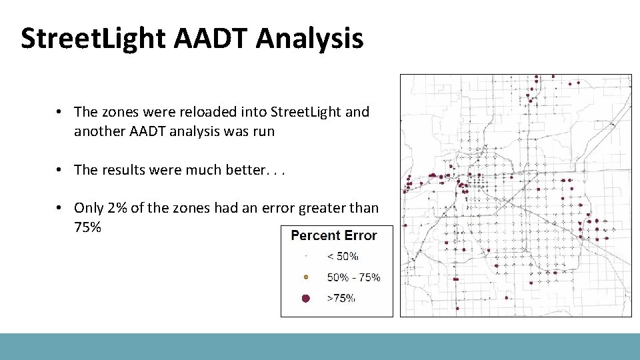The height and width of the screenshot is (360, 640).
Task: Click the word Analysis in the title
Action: pyautogui.click(x=311, y=38)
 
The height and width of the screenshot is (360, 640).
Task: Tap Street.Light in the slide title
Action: pyautogui.click(x=93, y=38)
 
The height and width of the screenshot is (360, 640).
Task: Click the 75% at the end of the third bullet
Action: pyautogui.click(x=87, y=227)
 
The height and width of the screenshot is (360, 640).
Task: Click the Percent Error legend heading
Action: pyautogui.click(x=334, y=235)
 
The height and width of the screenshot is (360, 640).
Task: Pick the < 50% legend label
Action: pyautogui.click(x=342, y=256)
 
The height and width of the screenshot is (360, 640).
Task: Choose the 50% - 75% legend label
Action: pyautogui.click(x=353, y=277)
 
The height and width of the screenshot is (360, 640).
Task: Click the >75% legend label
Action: pyautogui.click(x=341, y=299)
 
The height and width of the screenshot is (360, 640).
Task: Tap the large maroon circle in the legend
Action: pyautogui.click(x=305, y=299)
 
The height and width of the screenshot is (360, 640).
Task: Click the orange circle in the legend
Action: pyautogui.click(x=305, y=277)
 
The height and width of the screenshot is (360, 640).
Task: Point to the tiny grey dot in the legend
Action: pyautogui.click(x=305, y=256)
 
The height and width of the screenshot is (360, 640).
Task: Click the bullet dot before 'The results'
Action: pyautogui.click(x=60, y=170)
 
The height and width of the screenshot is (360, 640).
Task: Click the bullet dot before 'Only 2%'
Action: pyautogui.click(x=60, y=208)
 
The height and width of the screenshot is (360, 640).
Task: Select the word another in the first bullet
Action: pyautogui.click(x=97, y=131)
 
